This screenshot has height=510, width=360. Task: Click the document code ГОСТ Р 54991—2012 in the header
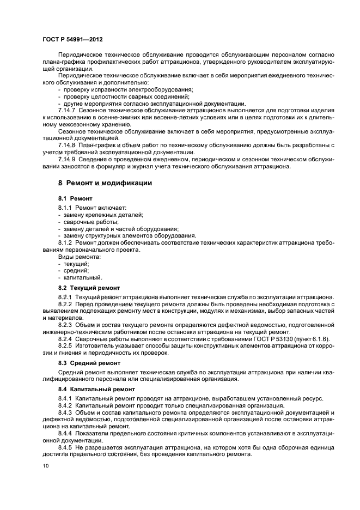(x=72, y=40)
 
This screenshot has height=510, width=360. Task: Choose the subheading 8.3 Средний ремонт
(x=89, y=362)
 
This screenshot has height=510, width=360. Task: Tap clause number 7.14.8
(x=68, y=145)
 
